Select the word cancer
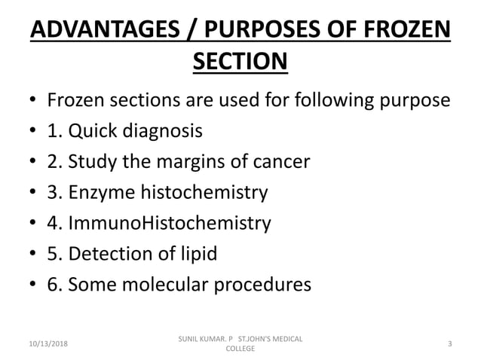pyautogui.click(x=278, y=162)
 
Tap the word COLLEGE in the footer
pyautogui.click(x=240, y=349)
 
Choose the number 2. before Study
pyautogui.click(x=55, y=162)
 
